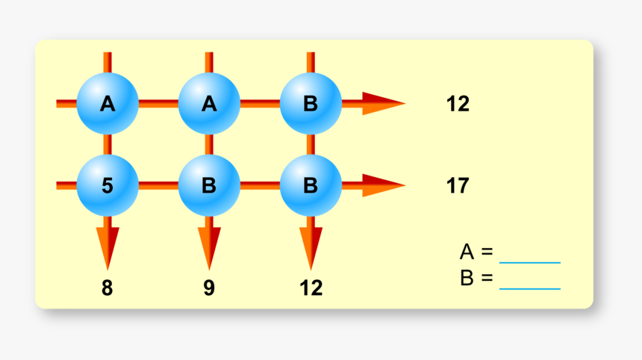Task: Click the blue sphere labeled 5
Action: pyautogui.click(x=107, y=185)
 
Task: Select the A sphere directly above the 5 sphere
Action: pyautogui.click(x=107, y=103)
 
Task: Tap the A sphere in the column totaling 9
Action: pyautogui.click(x=209, y=103)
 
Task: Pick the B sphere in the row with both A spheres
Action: pyautogui.click(x=311, y=103)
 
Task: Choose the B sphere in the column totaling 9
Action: pyautogui.click(x=209, y=185)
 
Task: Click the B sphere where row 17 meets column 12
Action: pyautogui.click(x=311, y=185)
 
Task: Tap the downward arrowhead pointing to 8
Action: pyautogui.click(x=107, y=246)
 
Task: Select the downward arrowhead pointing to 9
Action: pyautogui.click(x=209, y=246)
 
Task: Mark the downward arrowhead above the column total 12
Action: pyautogui.click(x=311, y=246)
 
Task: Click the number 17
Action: pyautogui.click(x=458, y=185)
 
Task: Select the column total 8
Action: pyautogui.click(x=107, y=288)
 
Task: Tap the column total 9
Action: pyautogui.click(x=209, y=288)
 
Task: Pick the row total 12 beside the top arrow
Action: pyautogui.click(x=458, y=104)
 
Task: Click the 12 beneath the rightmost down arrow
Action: pyautogui.click(x=311, y=288)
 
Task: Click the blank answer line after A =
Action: pyautogui.click(x=529, y=261)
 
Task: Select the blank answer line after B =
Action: pyautogui.click(x=529, y=288)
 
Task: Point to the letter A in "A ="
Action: pyautogui.click(x=467, y=252)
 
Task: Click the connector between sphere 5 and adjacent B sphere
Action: pyautogui.click(x=158, y=185)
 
